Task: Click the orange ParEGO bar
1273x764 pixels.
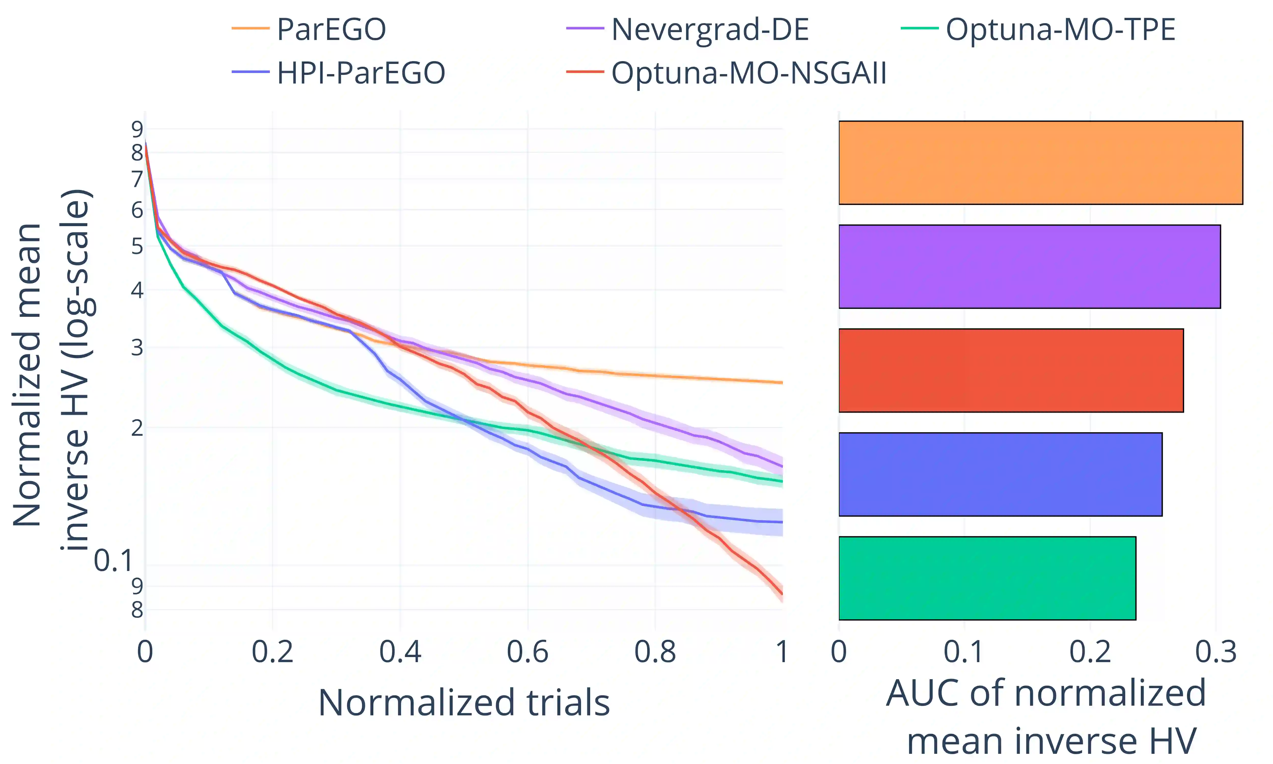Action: (x=1040, y=163)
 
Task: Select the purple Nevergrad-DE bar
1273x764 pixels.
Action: (x=1029, y=267)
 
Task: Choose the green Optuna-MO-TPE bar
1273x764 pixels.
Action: (x=987, y=578)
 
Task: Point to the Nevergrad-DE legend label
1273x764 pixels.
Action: (x=710, y=29)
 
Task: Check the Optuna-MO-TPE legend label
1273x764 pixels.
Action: (x=1060, y=29)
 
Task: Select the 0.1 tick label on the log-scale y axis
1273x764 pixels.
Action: (x=113, y=561)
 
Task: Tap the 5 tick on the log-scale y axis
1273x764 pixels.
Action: (x=137, y=247)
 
